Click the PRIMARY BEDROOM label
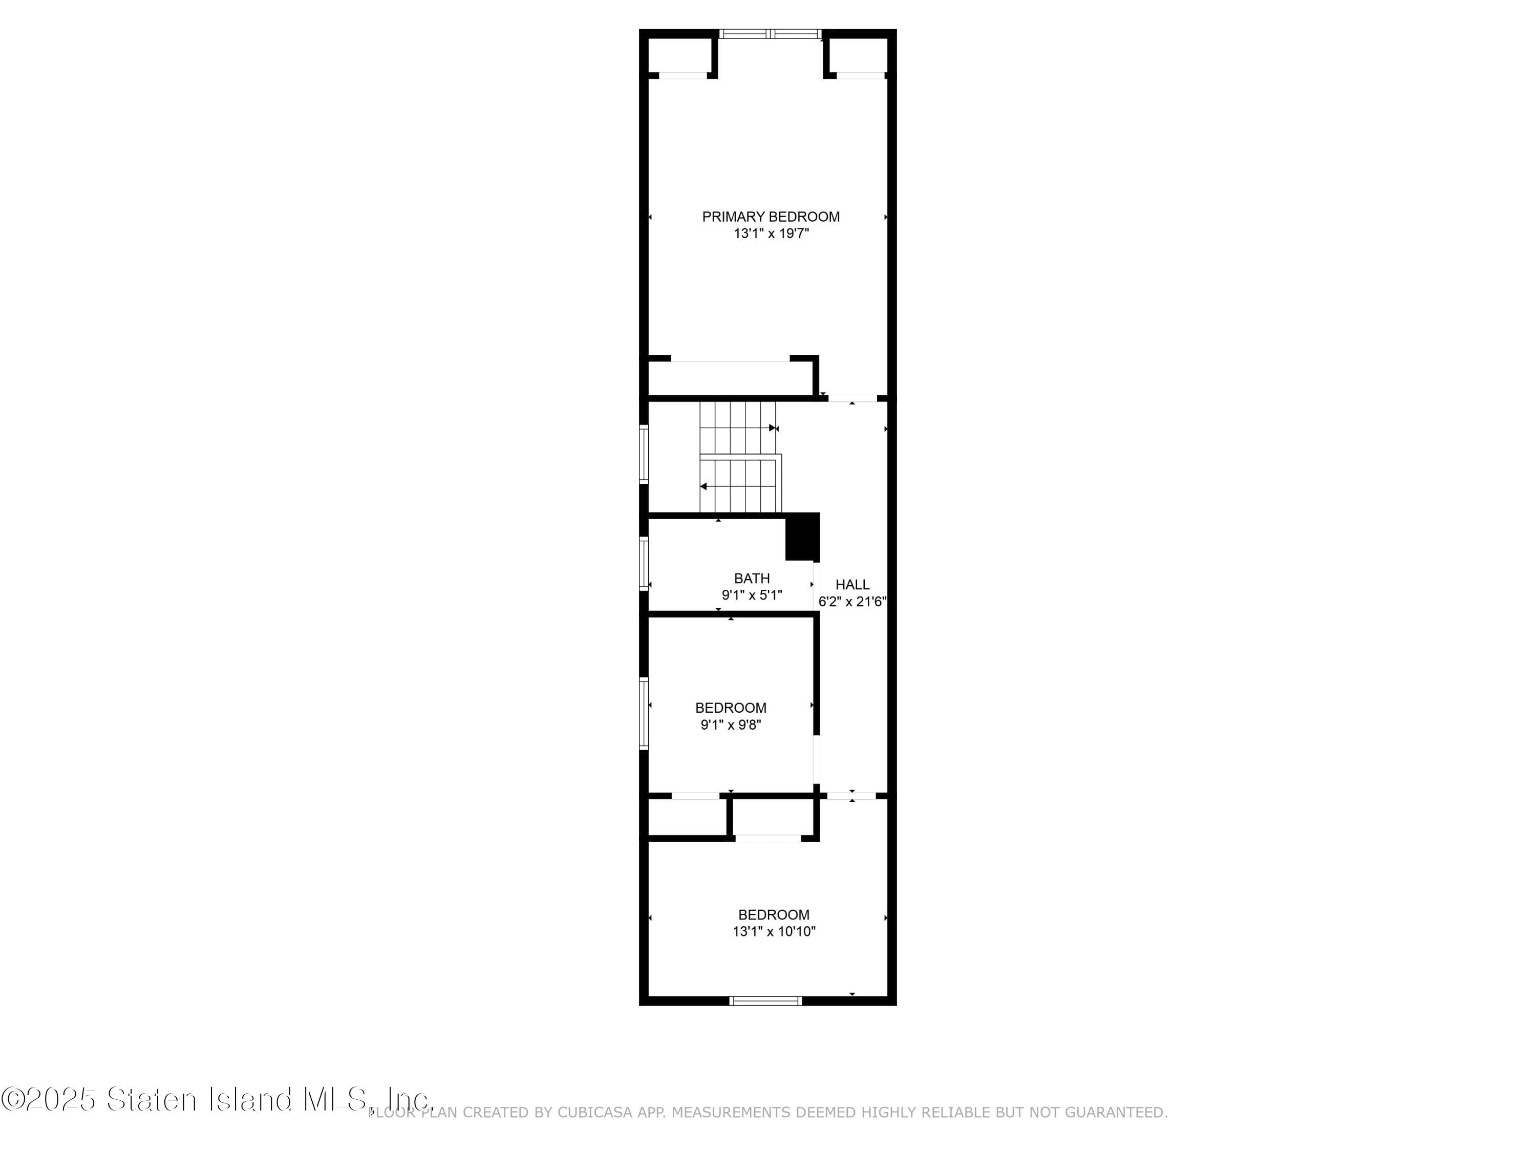770,217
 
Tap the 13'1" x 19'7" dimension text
771,234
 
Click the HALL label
852,585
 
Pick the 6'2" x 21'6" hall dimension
852,602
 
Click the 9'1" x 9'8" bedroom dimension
731,725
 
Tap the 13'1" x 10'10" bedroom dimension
774,932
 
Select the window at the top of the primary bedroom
770,33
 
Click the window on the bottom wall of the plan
765,1000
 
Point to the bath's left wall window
644,564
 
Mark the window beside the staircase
644,454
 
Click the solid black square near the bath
802,537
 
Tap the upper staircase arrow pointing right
772,428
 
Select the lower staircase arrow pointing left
704,486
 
